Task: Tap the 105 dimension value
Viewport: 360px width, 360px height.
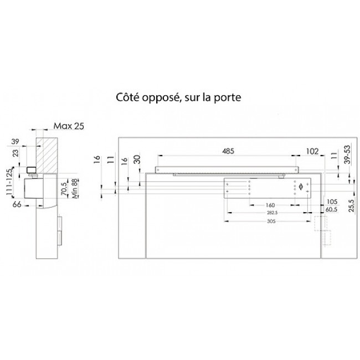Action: tap(332, 202)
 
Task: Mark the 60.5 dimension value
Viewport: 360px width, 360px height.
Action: tap(332, 209)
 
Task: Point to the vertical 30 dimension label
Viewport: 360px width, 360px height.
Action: tap(137, 161)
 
